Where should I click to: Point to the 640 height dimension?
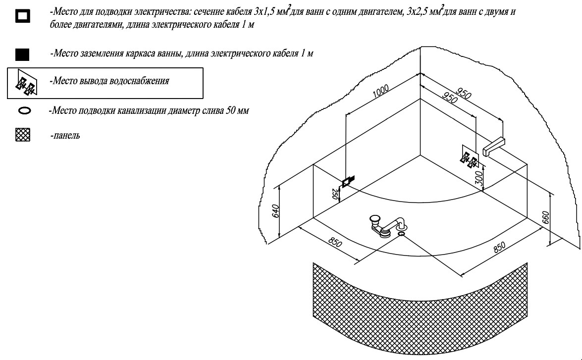click(275, 211)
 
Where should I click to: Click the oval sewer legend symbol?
click(24, 111)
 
